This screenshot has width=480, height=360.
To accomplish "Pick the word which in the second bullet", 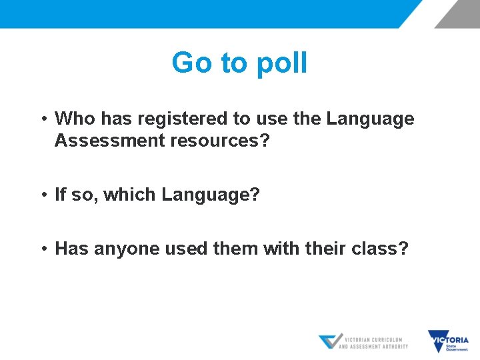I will [131, 195].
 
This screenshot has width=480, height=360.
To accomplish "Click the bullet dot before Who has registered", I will [42, 119].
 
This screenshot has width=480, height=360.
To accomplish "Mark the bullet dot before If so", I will [42, 195].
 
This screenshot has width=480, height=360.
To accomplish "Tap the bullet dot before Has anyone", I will [42, 249].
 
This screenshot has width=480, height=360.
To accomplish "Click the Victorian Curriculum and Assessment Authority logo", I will [363, 342].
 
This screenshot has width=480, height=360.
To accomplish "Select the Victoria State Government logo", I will [448, 342].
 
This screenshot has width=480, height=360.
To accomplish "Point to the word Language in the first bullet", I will [370, 119].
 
